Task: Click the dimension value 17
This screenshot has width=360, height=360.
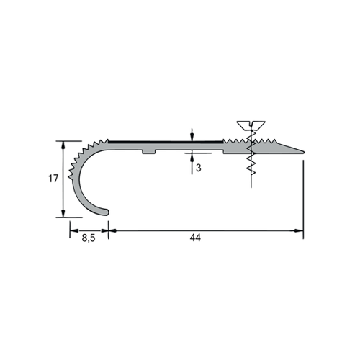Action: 53,179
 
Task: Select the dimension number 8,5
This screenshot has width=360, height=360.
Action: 89,238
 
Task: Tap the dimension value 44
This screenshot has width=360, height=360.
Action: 195,238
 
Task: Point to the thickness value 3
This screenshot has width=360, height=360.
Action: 198,168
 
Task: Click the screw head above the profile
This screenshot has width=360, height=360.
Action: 251,125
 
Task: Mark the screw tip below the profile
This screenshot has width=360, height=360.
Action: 251,185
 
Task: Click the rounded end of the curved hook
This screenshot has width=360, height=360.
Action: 107,212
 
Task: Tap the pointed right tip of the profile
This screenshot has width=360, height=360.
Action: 303,152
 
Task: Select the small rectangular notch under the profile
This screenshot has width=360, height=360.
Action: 149,152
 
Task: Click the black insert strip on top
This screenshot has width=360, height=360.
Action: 166,143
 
